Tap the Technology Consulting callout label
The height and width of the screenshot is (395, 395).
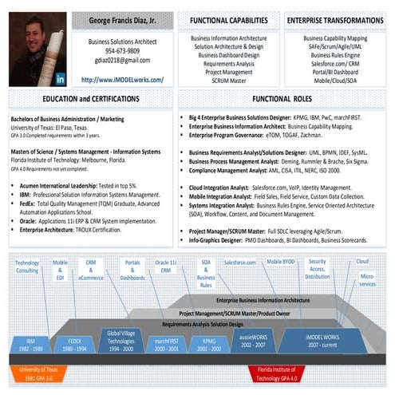coord(26,267)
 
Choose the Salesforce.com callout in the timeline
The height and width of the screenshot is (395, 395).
coord(239,263)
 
